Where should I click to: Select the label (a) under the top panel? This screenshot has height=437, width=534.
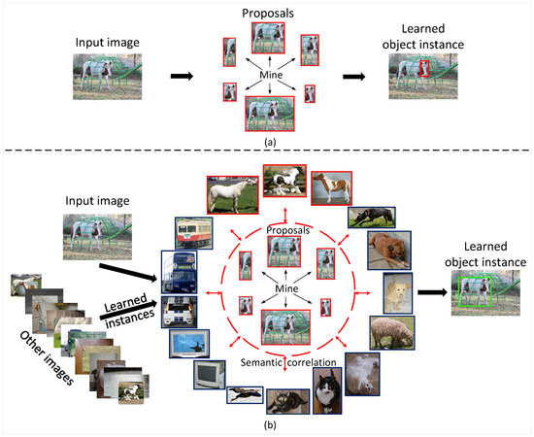pyautogui.click(x=266, y=139)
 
